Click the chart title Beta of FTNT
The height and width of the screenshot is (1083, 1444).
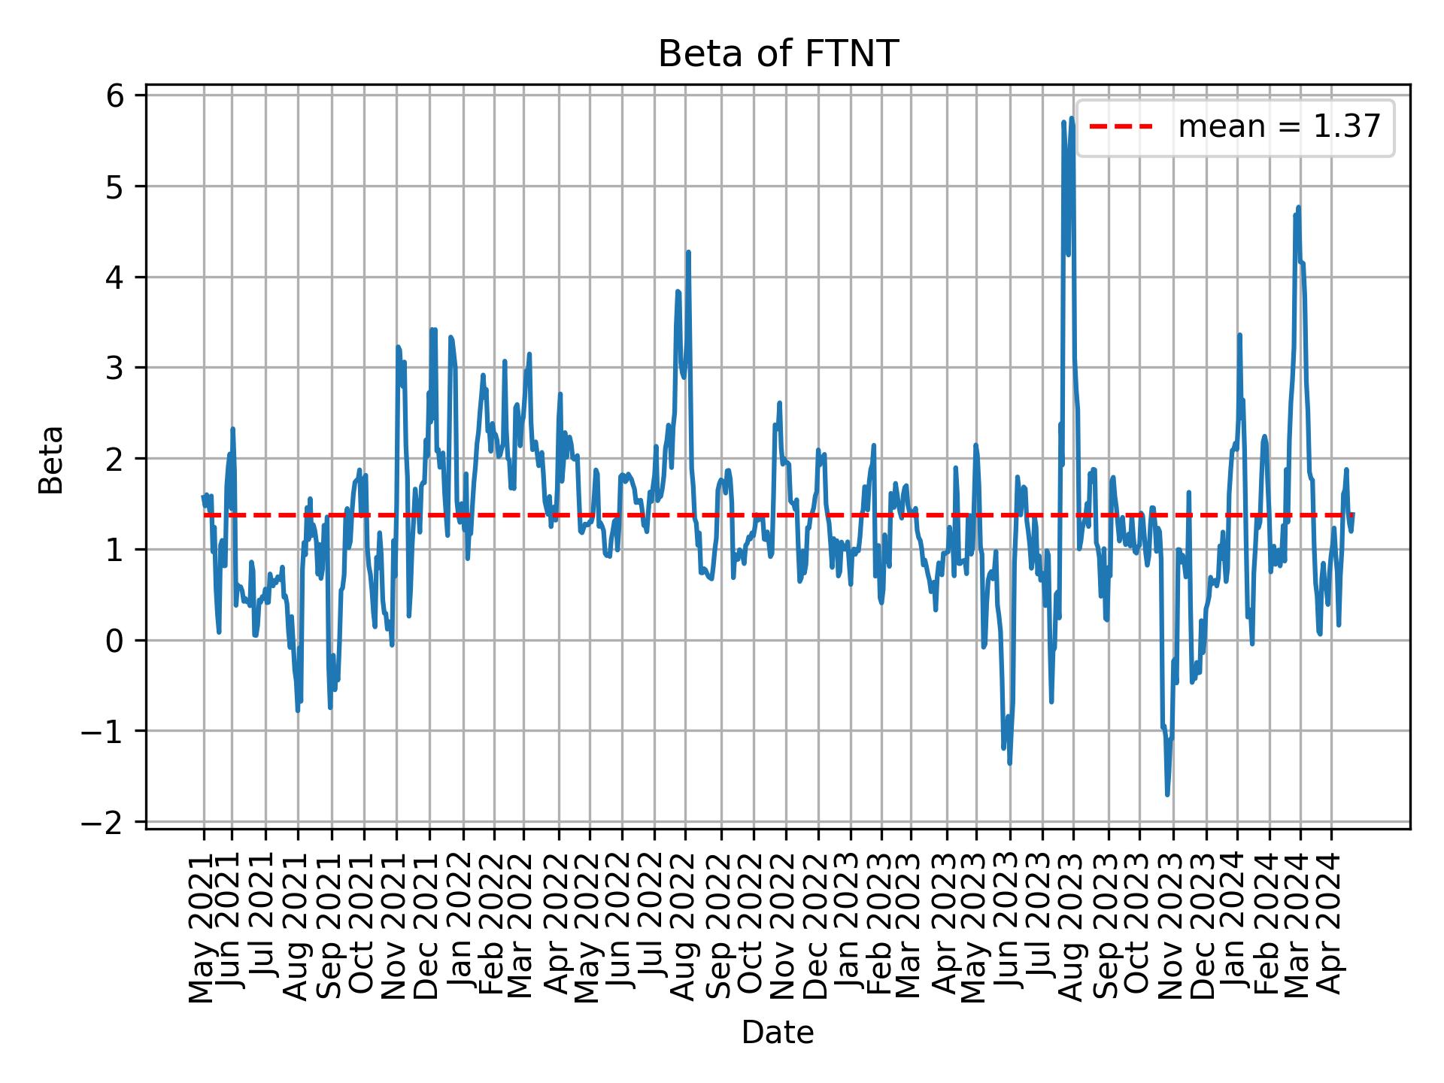(778, 54)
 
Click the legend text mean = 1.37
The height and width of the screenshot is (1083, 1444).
(1279, 128)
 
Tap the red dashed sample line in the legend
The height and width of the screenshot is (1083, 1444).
(1121, 128)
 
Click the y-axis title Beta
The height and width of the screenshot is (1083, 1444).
(51, 460)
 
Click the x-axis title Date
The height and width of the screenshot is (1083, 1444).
(778, 1033)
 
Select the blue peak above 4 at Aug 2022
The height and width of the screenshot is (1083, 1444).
(688, 253)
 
